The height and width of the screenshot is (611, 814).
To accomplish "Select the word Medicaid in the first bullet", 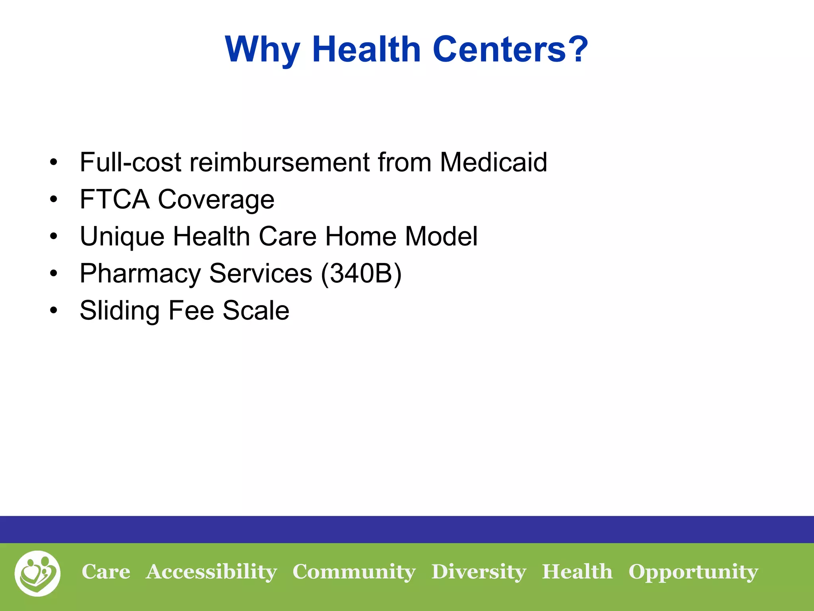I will click(493, 162).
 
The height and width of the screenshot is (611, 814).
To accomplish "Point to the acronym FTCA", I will click(114, 199).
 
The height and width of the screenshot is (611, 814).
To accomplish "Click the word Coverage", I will click(216, 200).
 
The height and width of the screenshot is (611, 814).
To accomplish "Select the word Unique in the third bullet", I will click(122, 237).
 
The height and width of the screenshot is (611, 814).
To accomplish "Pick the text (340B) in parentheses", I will click(361, 273).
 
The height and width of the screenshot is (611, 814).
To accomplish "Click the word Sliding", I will click(120, 311).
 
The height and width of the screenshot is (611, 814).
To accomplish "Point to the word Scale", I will click(256, 310).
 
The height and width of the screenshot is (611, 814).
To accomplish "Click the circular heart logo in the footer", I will click(38, 573).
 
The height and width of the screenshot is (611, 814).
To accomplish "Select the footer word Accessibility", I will click(211, 572).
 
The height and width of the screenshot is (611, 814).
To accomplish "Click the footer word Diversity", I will click(479, 572).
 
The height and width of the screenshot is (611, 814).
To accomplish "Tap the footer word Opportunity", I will click(693, 572).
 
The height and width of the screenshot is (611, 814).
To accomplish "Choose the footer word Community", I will click(354, 572).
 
